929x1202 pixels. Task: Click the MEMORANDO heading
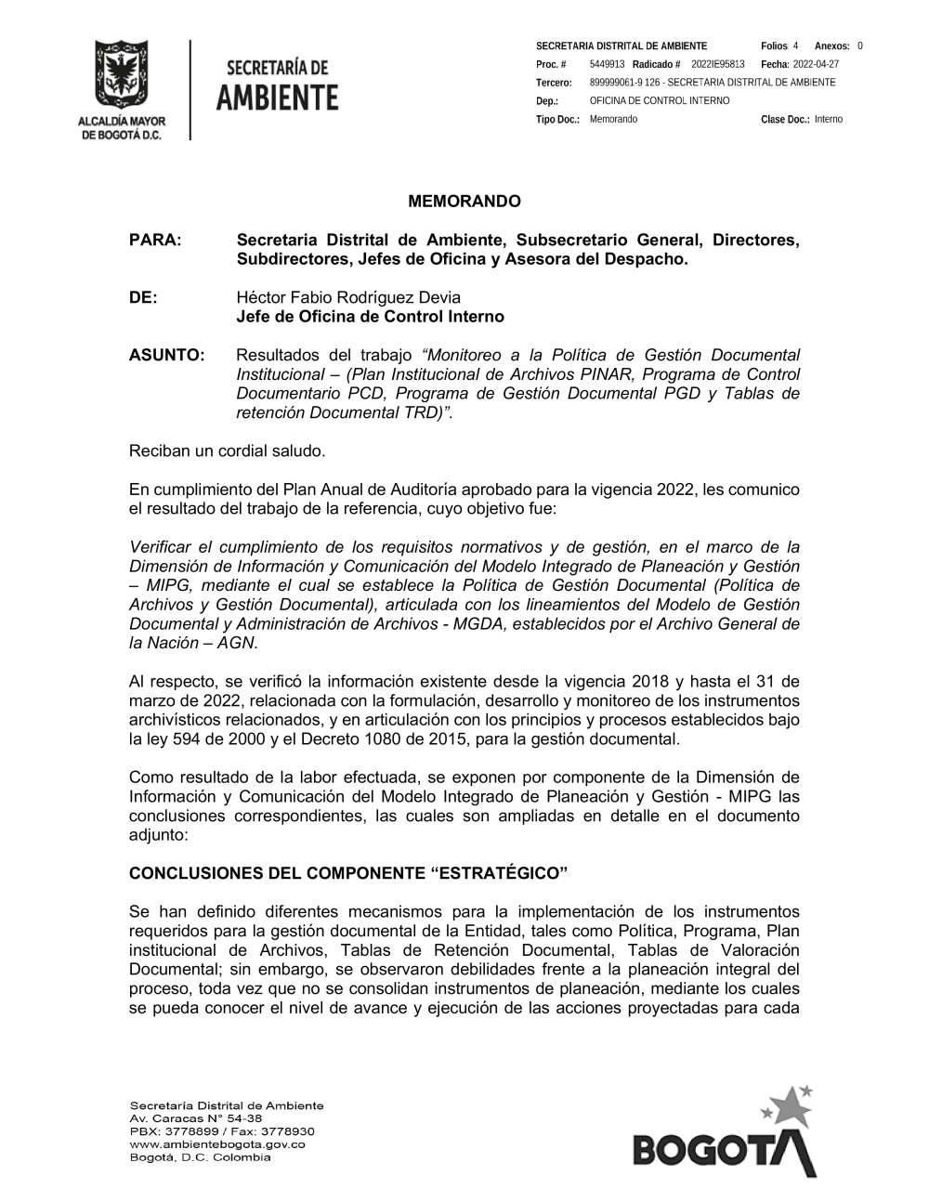(x=464, y=202)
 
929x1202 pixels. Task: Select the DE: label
(x=143, y=297)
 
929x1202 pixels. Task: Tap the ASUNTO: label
(x=166, y=355)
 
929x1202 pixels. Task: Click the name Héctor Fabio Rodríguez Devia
(x=348, y=297)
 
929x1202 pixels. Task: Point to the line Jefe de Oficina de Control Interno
(x=370, y=317)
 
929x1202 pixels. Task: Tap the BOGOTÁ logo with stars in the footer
(x=725, y=1133)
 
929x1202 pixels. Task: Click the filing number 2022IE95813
(x=718, y=64)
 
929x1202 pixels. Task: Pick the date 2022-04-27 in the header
(x=816, y=64)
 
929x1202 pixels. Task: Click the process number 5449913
(x=607, y=64)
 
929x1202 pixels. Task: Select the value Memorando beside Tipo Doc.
(x=613, y=119)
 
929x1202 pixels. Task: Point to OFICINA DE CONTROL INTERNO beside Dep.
(x=660, y=100)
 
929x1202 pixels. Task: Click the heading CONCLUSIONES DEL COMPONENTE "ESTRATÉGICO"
(x=348, y=874)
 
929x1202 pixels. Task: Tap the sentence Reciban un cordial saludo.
(x=228, y=451)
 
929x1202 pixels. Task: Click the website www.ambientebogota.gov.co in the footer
(x=217, y=1144)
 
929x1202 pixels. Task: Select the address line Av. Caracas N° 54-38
(x=196, y=1118)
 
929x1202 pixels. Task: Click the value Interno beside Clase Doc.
(x=829, y=119)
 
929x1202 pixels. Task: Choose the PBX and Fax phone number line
(x=222, y=1131)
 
